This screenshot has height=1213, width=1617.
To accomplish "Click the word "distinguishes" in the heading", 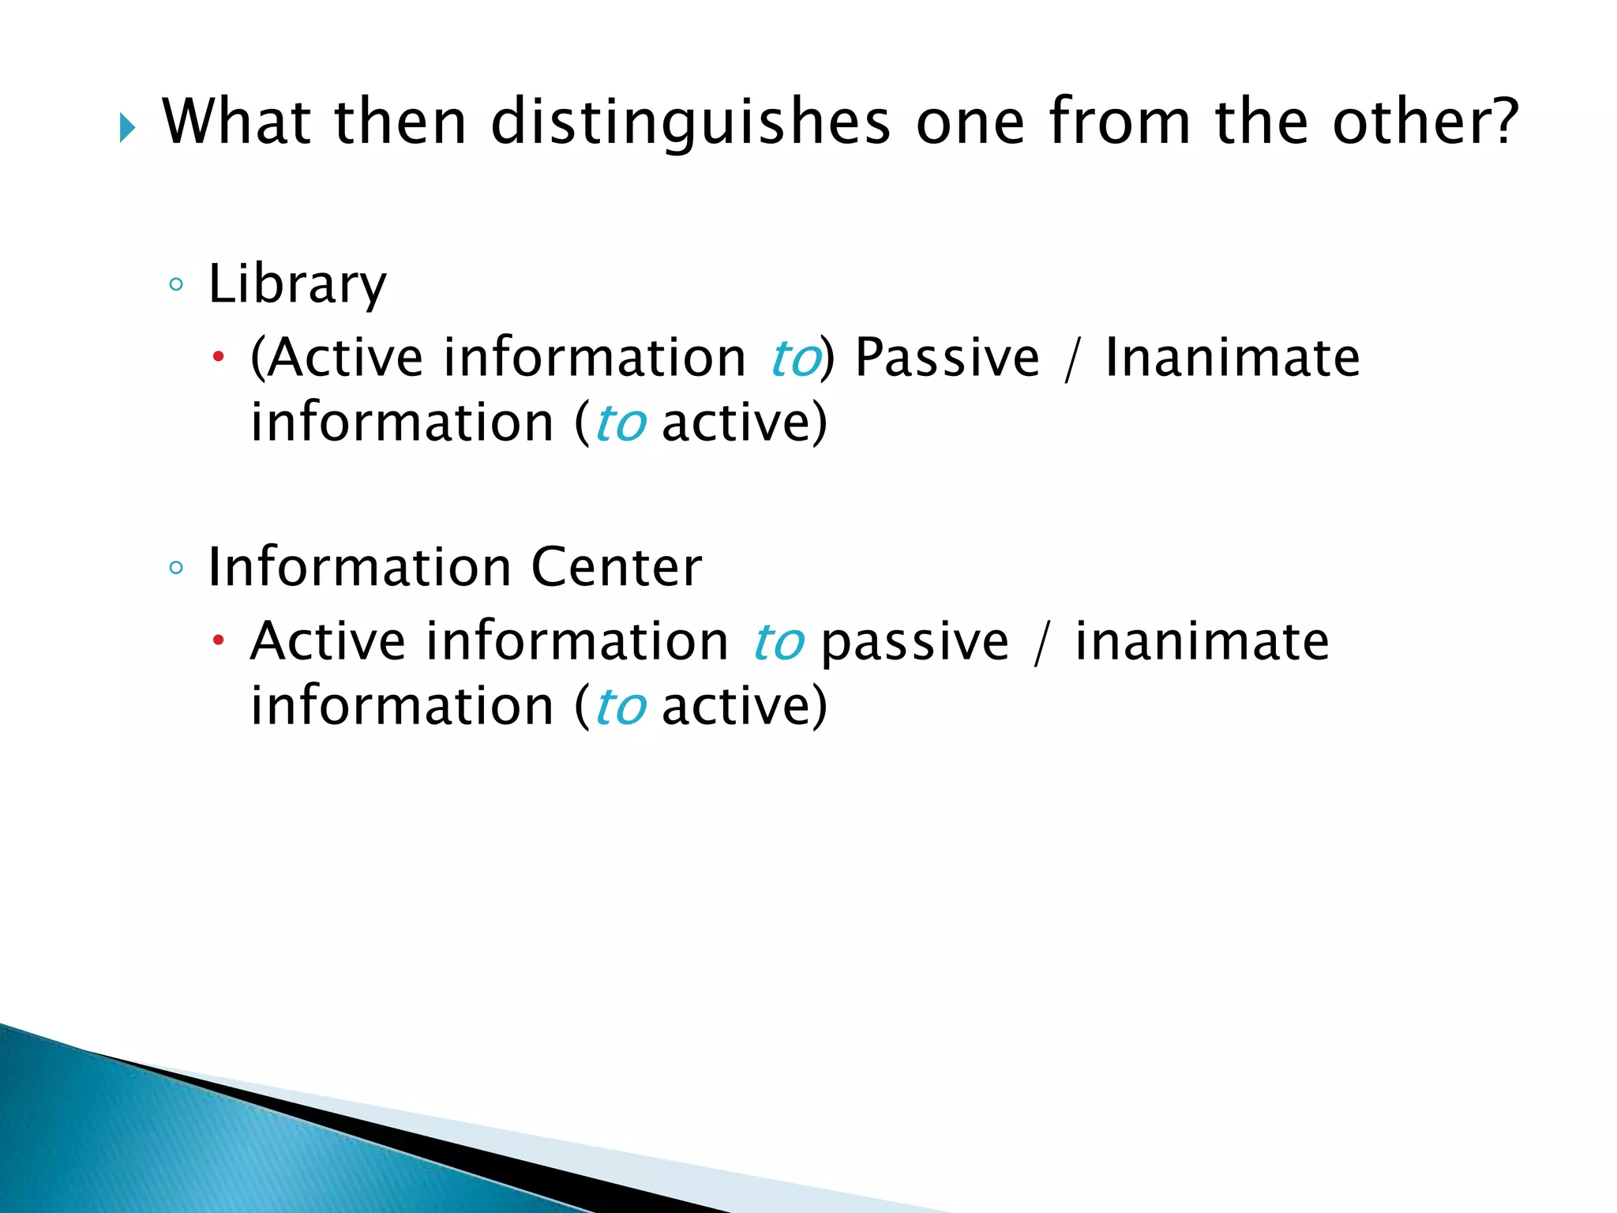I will (690, 122).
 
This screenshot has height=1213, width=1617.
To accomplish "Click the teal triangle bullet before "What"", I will (127, 127).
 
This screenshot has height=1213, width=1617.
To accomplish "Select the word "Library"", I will (297, 284).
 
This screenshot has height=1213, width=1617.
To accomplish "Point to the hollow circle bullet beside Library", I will (176, 284).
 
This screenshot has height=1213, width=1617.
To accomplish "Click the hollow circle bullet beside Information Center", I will (176, 567).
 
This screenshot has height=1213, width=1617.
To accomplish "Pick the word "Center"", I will (616, 567).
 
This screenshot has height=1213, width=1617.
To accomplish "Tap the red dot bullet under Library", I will (219, 358).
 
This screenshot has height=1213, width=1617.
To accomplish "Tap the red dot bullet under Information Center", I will (219, 640).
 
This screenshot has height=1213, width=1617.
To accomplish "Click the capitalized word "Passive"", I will (947, 358).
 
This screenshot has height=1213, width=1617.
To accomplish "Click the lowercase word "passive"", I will (914, 640).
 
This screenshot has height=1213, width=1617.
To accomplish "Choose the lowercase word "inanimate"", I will (1202, 640).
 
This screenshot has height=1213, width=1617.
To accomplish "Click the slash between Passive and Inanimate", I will (1071, 359).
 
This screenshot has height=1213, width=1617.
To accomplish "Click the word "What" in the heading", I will (236, 122).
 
